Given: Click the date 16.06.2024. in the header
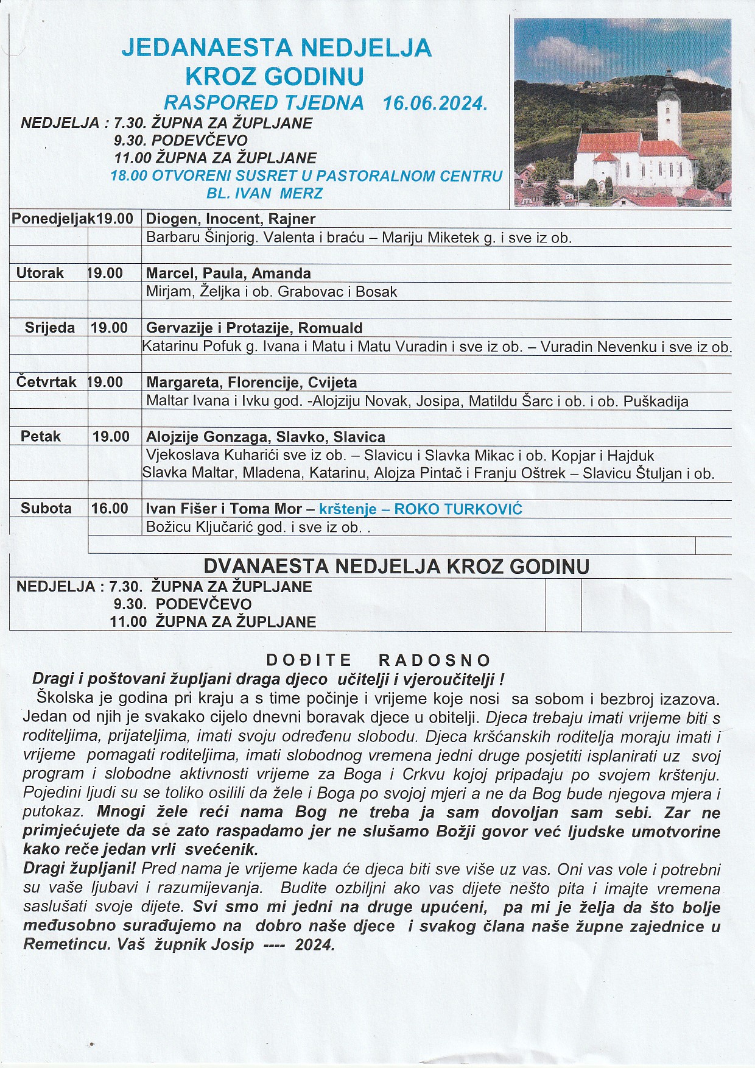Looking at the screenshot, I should click(x=435, y=102).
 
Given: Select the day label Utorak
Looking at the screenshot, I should click(x=40, y=273).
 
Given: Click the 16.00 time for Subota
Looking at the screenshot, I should click(x=110, y=509).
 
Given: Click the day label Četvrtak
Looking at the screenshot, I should click(x=46, y=382).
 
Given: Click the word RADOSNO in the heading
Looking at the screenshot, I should click(x=435, y=660).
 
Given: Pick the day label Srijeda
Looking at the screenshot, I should click(x=50, y=328).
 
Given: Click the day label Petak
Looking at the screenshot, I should click(x=41, y=436).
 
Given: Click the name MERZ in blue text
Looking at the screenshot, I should click(x=302, y=194).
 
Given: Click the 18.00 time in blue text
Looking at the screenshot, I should click(x=128, y=176).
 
